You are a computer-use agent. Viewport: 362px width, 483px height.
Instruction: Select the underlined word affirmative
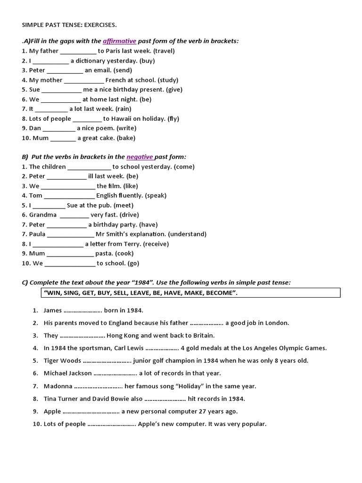point(119,41)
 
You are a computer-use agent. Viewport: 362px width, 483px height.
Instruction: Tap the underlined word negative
point(140,157)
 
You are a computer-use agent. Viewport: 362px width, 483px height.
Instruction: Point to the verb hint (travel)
point(164,51)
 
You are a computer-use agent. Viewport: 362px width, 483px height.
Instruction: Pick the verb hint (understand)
point(187,234)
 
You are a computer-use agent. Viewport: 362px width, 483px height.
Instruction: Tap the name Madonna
point(58,386)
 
